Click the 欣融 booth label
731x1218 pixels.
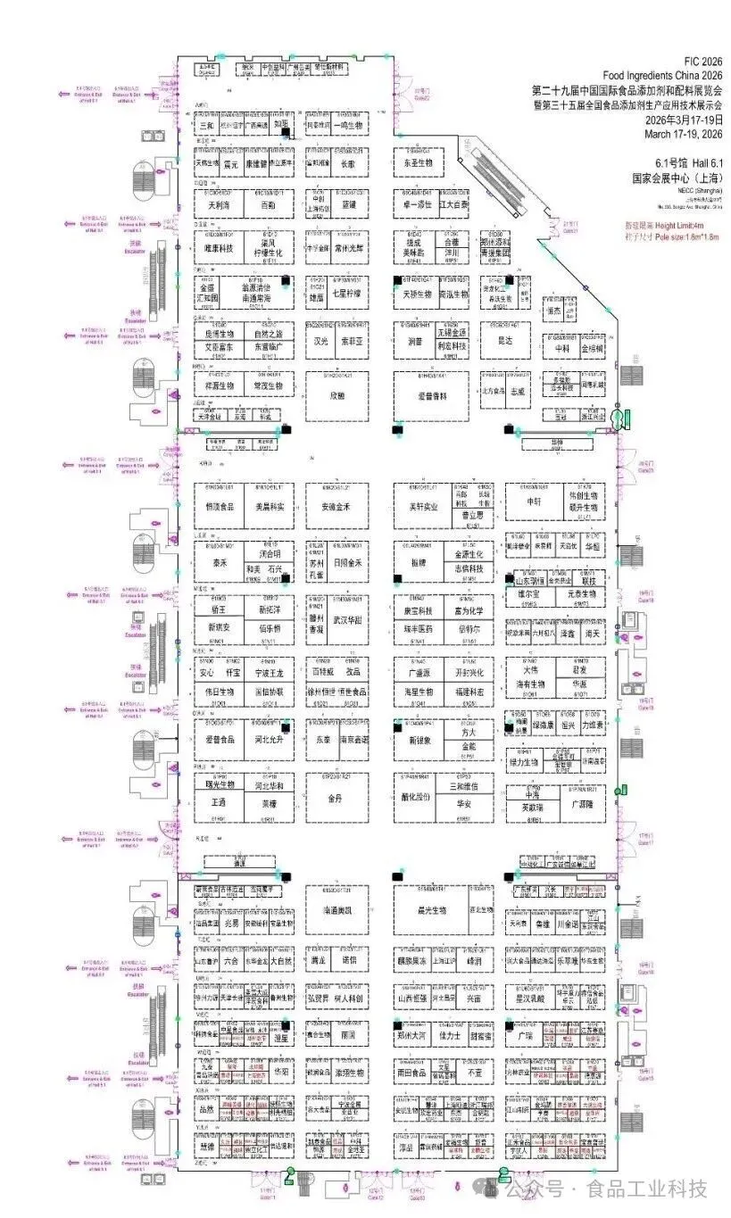(336, 394)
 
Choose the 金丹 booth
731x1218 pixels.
(336, 798)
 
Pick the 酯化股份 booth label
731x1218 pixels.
(417, 798)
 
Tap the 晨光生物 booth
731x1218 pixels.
(431, 910)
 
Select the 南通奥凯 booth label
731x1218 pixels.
(337, 910)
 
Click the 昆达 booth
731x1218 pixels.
(504, 340)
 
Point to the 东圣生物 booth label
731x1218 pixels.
(419, 164)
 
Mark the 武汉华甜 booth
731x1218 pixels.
(348, 619)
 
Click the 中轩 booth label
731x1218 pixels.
(534, 501)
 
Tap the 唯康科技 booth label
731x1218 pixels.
(219, 249)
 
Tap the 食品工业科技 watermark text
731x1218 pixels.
(646, 1189)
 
